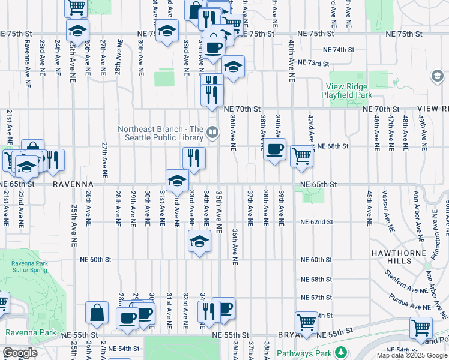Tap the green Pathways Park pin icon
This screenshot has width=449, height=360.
point(341,352)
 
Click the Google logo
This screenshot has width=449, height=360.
point(20,353)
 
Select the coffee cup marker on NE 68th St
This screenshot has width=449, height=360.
point(275,149)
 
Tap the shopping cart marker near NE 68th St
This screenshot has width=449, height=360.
point(301,157)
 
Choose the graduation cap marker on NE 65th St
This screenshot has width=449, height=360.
point(177,180)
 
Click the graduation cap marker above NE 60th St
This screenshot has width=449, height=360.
point(200,241)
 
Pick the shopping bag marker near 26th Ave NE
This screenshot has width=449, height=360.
point(97,313)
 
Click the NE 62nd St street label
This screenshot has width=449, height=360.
point(316,222)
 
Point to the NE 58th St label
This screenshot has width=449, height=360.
point(316,280)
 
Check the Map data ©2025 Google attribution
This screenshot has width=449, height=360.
point(411,355)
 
